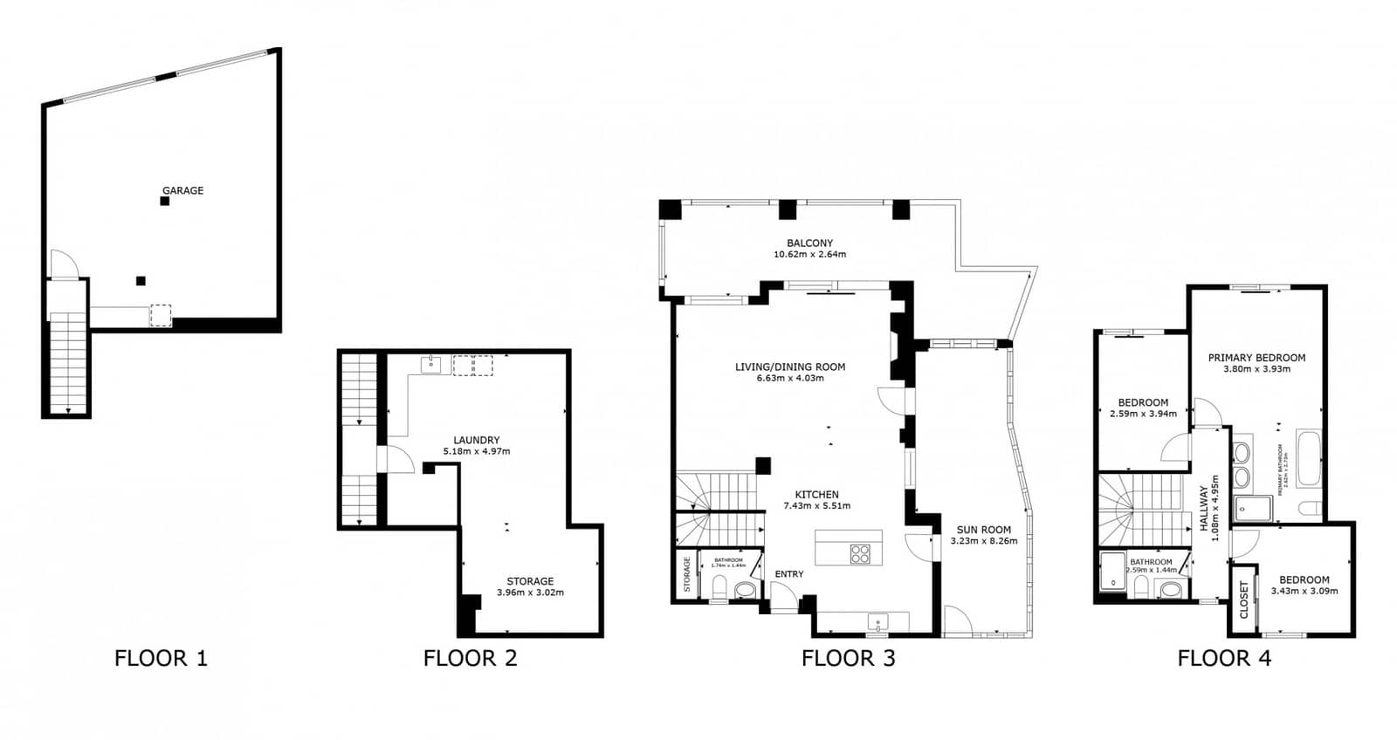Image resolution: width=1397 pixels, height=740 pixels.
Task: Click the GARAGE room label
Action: pos(182,190)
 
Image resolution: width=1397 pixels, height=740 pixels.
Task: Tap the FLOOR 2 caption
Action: pos(470,658)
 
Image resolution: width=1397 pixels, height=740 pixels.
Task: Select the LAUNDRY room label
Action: pos(476,440)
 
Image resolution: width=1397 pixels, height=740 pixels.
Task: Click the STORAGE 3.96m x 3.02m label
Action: pos(530,586)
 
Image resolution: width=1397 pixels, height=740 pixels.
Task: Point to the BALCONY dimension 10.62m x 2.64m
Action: pos(809,255)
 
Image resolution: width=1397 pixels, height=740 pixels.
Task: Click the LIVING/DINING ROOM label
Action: pos(789,367)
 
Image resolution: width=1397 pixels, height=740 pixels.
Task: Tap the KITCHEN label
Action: pos(816,495)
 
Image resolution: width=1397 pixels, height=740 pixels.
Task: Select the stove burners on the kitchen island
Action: pos(860,553)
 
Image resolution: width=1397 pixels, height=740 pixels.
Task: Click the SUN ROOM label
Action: pos(983,530)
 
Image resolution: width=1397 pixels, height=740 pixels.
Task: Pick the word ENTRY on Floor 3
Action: pos(789,574)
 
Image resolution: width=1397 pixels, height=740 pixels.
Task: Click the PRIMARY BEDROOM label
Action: pos(1256,358)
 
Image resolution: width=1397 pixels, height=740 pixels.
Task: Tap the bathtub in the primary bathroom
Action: pos(1308,458)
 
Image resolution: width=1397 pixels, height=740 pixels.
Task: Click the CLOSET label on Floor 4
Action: pos(1244,600)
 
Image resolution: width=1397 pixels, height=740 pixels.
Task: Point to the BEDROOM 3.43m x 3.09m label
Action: pos(1304,585)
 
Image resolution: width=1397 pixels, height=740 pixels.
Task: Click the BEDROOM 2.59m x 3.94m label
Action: pos(1142,408)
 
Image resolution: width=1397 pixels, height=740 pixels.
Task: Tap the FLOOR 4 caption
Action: pos(1223,658)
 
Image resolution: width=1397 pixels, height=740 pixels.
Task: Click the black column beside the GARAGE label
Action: pos(164,202)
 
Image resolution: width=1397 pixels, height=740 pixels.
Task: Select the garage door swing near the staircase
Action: pos(61,264)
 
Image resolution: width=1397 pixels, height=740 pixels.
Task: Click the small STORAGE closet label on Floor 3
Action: pos(686,574)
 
